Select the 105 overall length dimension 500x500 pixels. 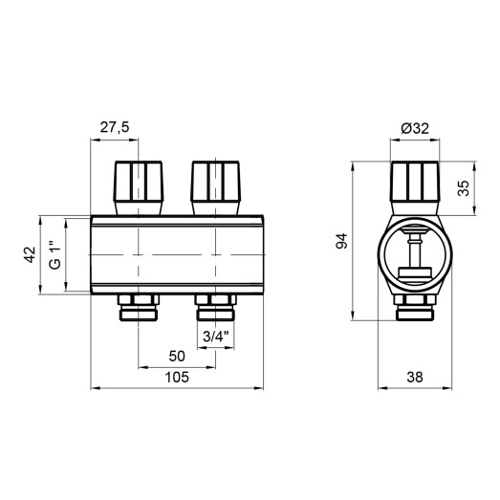click(176, 378)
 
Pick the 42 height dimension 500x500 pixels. click(30, 255)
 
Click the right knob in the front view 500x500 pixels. click(214, 185)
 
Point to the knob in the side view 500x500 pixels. click(416, 185)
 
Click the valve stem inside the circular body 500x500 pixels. click(416, 253)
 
